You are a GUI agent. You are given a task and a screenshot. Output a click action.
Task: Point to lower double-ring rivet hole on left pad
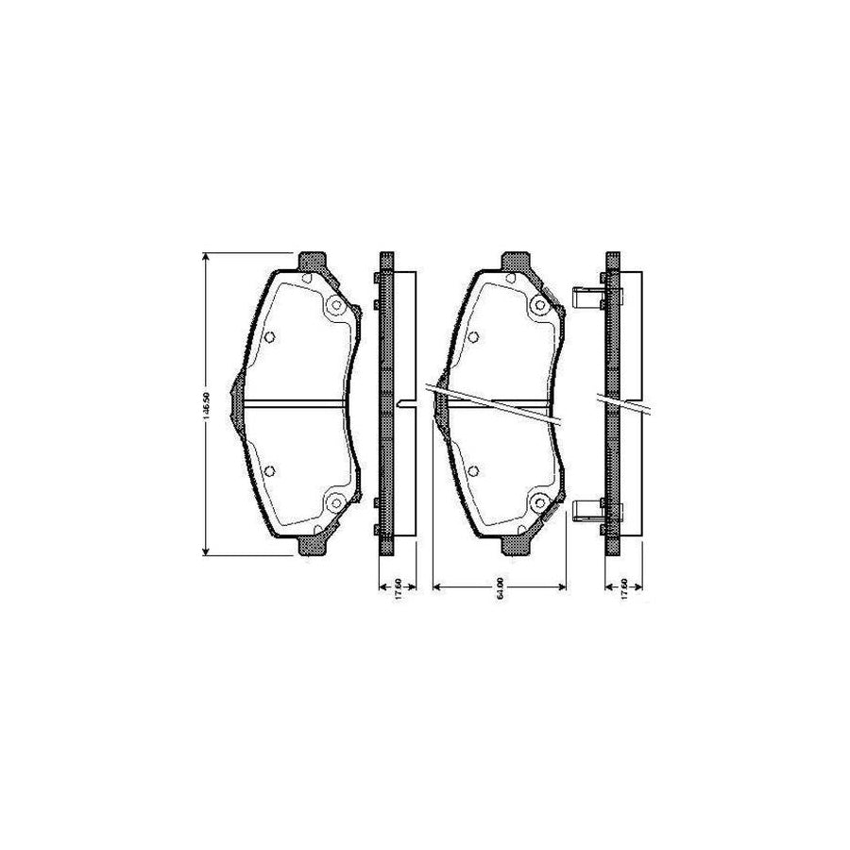click(x=333, y=501)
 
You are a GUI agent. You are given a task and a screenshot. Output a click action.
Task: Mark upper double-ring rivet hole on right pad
click(x=539, y=305)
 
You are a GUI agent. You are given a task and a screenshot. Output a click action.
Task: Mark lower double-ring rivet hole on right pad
click(x=539, y=501)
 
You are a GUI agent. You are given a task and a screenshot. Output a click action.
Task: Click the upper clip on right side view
click(x=587, y=298)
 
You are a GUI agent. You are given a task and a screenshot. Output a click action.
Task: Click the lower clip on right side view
click(x=587, y=510)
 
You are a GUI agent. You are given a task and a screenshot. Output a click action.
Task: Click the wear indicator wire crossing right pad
click(x=501, y=401)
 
